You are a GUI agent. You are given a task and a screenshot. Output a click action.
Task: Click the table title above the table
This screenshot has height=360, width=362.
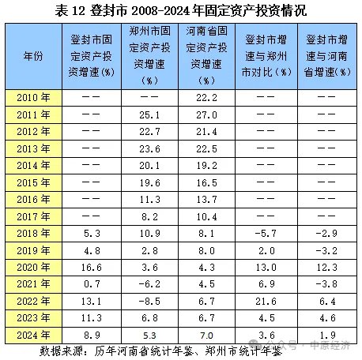[x=181, y=11]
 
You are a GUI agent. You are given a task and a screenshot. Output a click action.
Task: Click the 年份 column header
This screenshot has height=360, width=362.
[x=33, y=56]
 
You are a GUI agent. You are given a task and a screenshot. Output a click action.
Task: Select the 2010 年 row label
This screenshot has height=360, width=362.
[x=33, y=98]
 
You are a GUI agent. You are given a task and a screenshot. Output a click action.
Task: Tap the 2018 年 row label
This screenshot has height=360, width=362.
[x=33, y=233]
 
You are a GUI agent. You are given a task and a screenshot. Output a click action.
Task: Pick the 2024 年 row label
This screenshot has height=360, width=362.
[x=33, y=335]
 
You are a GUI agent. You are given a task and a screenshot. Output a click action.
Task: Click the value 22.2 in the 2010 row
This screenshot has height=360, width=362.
[x=206, y=98]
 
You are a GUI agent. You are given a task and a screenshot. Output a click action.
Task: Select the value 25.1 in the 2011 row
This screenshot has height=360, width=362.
[x=149, y=114]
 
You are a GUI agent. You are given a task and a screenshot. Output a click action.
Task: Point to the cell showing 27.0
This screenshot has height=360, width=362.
[x=206, y=114]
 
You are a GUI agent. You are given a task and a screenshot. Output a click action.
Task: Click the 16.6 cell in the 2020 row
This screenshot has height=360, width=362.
[x=92, y=268]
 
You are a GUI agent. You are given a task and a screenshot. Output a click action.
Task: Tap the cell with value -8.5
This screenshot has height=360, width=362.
[x=149, y=301]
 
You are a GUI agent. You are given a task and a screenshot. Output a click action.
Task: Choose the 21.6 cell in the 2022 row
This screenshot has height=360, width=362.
[x=266, y=301]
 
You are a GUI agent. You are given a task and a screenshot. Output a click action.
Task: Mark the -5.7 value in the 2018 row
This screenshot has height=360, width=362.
[x=266, y=233]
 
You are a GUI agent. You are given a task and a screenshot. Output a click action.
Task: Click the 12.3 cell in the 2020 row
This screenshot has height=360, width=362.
[x=327, y=268]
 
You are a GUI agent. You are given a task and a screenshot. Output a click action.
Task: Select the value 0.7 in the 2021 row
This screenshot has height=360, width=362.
[x=92, y=284]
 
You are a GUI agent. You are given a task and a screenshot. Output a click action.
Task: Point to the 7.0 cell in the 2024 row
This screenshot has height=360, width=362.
[x=206, y=336]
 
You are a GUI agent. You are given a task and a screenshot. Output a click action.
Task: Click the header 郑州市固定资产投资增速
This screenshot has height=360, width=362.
[x=149, y=56]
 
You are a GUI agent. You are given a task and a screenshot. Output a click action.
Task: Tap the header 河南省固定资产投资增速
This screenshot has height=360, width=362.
[x=206, y=56]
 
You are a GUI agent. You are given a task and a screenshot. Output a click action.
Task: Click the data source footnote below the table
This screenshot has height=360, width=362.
[x=160, y=351]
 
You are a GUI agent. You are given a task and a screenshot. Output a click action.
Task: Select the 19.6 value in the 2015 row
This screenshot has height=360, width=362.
[x=149, y=182]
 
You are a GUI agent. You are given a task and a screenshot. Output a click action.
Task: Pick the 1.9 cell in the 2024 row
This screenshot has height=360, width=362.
[x=327, y=335]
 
